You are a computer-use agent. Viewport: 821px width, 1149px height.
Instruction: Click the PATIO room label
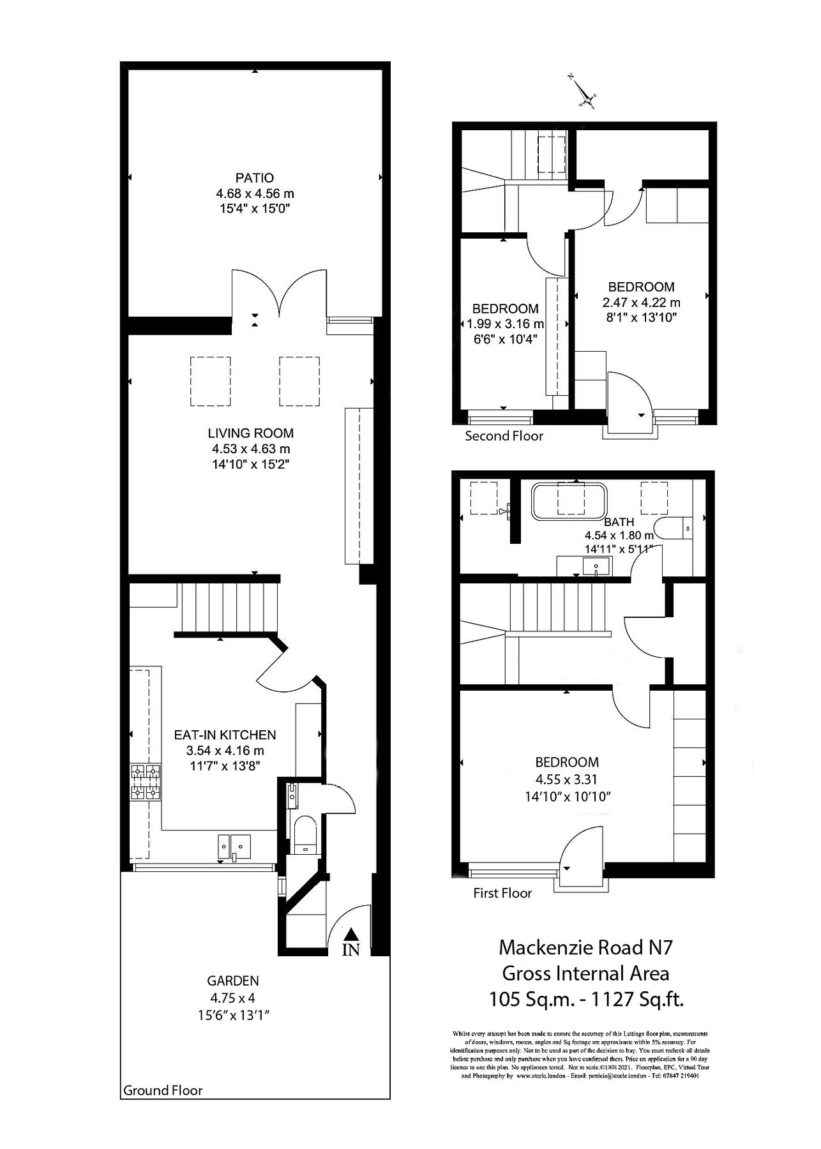point(255,177)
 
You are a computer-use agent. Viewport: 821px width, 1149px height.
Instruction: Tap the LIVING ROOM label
point(250,433)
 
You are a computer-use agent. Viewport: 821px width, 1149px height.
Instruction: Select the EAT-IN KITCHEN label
point(225,735)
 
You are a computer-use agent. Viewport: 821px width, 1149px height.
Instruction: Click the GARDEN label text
point(233,980)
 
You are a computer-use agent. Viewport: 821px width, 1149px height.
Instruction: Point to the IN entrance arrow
point(350,943)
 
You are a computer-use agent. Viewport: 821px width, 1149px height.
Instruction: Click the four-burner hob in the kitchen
point(145,783)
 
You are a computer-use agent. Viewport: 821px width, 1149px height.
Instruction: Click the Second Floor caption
point(504,436)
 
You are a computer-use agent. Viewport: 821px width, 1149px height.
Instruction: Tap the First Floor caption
point(502,893)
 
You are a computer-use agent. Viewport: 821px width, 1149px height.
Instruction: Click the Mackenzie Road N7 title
point(585,947)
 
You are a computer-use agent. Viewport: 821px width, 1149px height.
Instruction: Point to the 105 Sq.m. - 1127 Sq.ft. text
point(586,999)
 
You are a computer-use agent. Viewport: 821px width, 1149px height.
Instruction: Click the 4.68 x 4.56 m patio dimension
point(255,193)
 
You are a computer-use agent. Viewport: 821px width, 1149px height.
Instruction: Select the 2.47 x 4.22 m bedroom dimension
point(641,303)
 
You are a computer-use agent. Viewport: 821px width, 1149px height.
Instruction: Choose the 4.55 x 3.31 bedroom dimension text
point(567,779)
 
